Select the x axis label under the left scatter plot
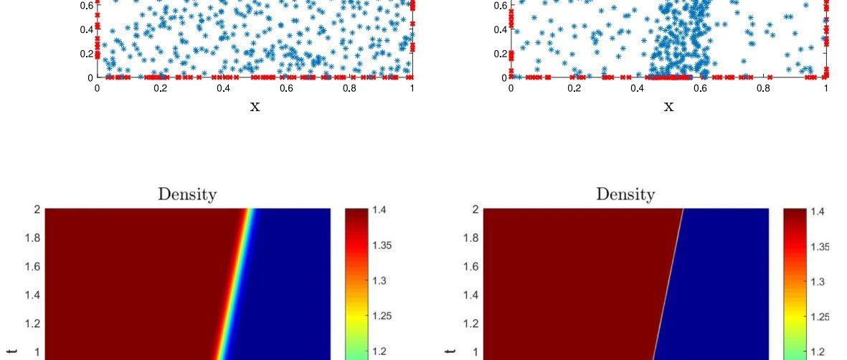tap(255, 107)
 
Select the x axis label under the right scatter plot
tap(669, 107)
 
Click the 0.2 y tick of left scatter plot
tap(87, 54)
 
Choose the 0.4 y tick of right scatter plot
tap(501, 29)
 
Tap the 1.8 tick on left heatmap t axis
tap(32, 237)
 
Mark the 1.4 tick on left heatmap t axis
tap(32, 295)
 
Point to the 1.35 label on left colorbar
tap(382, 245)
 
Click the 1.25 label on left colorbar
tap(382, 316)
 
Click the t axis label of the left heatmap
tap(13, 352)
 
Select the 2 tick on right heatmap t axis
tap(475, 209)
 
